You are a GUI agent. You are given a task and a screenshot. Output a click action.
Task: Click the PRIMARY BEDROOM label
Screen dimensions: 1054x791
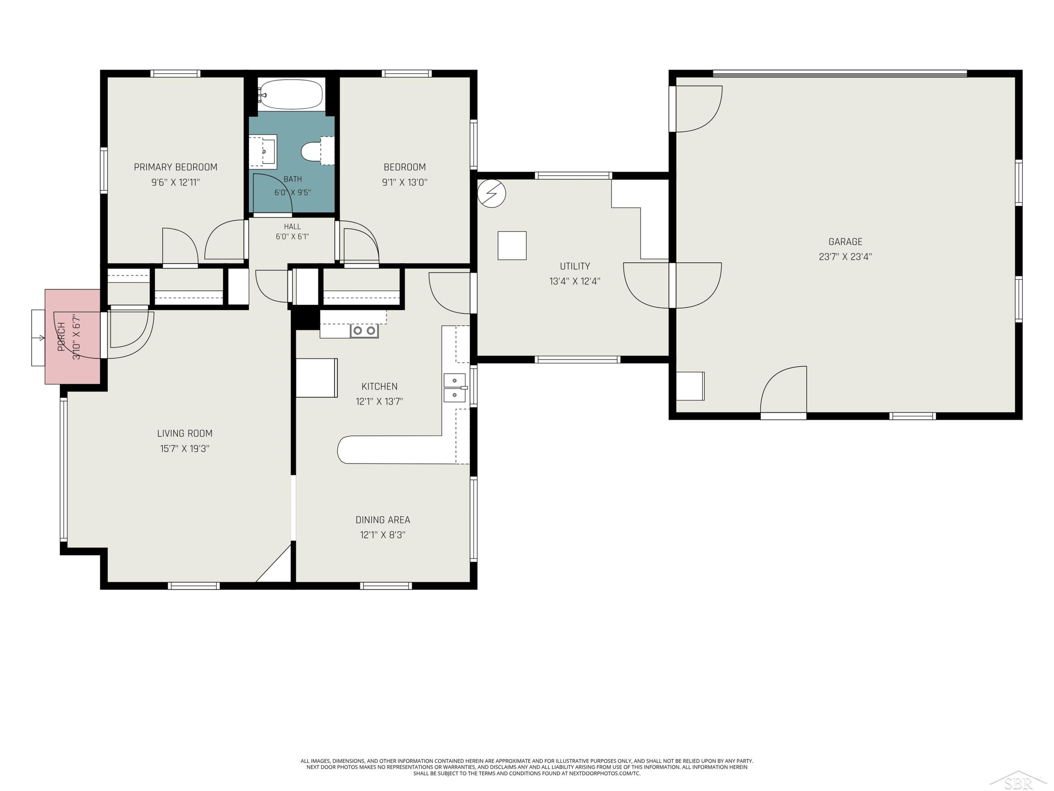point(175,167)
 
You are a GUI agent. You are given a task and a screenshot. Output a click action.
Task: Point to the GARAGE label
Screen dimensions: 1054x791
point(845,242)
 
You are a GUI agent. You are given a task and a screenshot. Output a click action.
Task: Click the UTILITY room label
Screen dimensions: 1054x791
point(575,266)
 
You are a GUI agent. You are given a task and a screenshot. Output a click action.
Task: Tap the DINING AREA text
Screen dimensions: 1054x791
point(383,520)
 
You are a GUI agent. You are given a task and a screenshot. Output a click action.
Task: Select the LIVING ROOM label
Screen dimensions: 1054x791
point(185,433)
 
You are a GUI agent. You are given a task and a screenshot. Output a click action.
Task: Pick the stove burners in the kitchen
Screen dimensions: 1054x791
point(365,330)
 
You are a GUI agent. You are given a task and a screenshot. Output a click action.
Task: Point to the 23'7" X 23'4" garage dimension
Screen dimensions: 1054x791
point(845,257)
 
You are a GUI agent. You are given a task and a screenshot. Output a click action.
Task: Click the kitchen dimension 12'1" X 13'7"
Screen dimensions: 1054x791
point(379,401)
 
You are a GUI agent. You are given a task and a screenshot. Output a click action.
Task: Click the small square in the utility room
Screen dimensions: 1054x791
point(512,245)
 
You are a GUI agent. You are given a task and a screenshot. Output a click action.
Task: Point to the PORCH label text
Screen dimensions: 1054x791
point(61,337)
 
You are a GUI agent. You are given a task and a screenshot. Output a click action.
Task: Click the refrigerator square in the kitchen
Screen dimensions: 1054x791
point(317,378)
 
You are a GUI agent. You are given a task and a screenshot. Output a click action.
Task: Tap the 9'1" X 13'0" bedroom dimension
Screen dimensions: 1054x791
point(404,182)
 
